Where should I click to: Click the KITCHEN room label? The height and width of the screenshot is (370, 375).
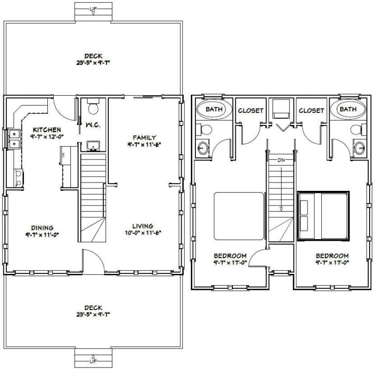pyautogui.click(x=47, y=129)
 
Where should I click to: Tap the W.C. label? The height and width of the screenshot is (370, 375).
pyautogui.click(x=93, y=125)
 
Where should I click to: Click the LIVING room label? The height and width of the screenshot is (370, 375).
pyautogui.click(x=143, y=226)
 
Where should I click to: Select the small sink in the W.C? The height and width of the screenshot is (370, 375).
pyautogui.click(x=92, y=145)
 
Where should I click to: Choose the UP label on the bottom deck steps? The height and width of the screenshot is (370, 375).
pyautogui.click(x=93, y=360)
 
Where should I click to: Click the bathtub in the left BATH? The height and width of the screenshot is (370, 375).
pyautogui.click(x=213, y=110)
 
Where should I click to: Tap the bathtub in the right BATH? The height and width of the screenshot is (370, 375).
pyautogui.click(x=348, y=110)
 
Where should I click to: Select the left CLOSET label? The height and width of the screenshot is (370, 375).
pyautogui.click(x=250, y=111)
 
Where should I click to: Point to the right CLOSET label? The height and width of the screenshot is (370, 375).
pyautogui.click(x=311, y=111)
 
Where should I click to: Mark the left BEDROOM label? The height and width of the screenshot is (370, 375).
pyautogui.click(x=230, y=256)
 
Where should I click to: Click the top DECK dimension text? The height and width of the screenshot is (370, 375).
pyautogui.click(x=93, y=63)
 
